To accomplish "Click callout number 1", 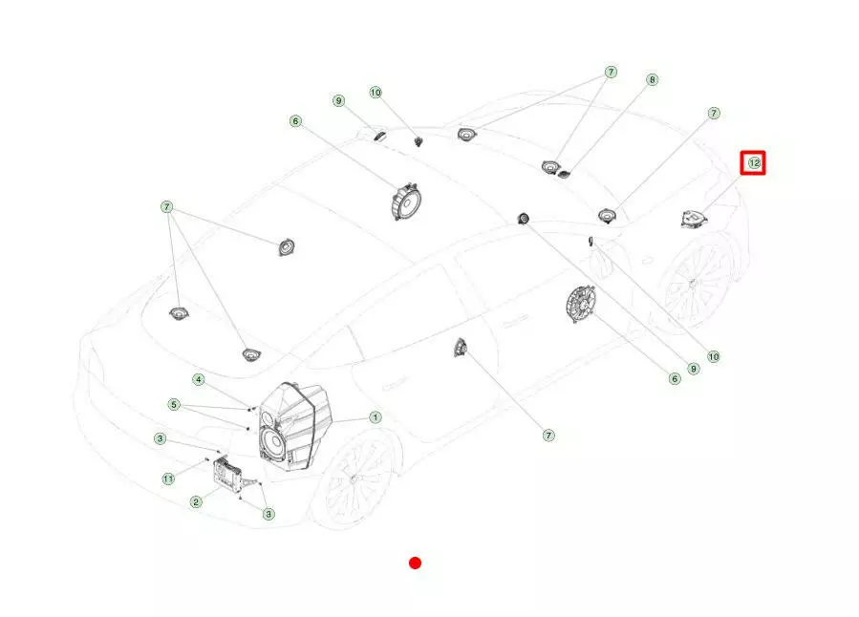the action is pyautogui.click(x=376, y=417).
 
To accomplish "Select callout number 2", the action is pyautogui.click(x=196, y=501).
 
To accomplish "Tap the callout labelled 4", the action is pyautogui.click(x=199, y=379).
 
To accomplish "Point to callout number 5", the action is pyautogui.click(x=174, y=405).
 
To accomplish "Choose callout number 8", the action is pyautogui.click(x=652, y=80).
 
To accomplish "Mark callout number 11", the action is pyautogui.click(x=168, y=479).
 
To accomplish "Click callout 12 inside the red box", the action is pyautogui.click(x=754, y=163).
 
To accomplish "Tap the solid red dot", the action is pyautogui.click(x=416, y=563).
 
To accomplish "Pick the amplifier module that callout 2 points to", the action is pyautogui.click(x=225, y=471).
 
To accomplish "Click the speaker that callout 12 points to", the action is pyautogui.click(x=694, y=220).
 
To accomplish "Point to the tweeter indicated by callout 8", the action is pyautogui.click(x=563, y=175).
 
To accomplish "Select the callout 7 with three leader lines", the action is pyautogui.click(x=167, y=207).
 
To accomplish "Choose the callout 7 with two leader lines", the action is pyautogui.click(x=611, y=73).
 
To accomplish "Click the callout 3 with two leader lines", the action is pyautogui.click(x=268, y=514).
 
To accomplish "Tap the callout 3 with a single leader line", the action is pyautogui.click(x=160, y=438).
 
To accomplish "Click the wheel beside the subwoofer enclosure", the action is pyautogui.click(x=354, y=478).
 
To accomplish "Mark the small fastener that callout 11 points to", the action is pyautogui.click(x=206, y=460).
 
